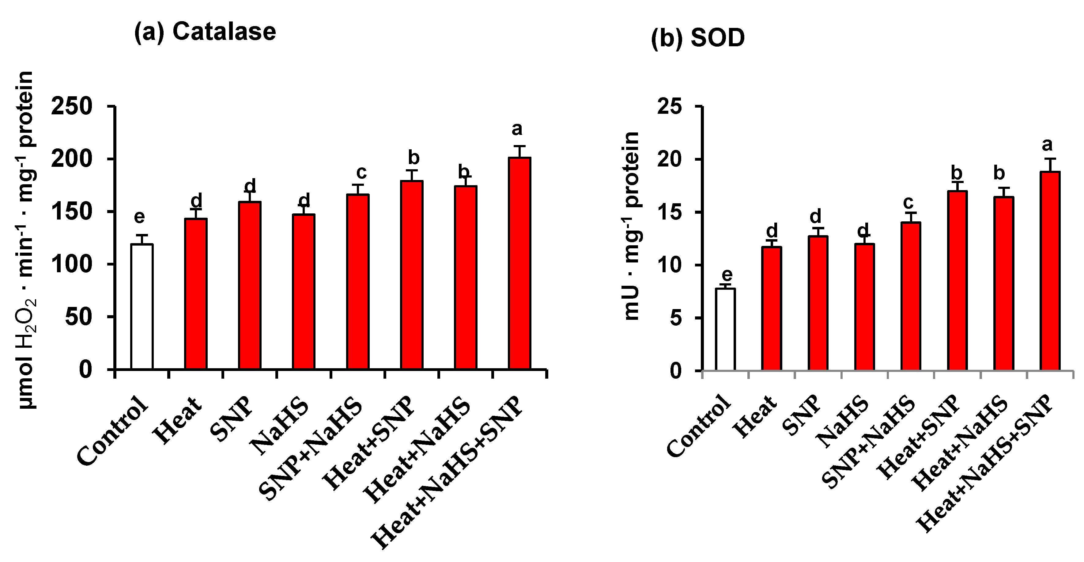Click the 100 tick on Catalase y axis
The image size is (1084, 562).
point(72,264)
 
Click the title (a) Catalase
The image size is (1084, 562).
point(205,32)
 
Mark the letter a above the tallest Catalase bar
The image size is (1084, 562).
point(517,129)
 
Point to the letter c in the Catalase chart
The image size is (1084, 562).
point(361,172)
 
